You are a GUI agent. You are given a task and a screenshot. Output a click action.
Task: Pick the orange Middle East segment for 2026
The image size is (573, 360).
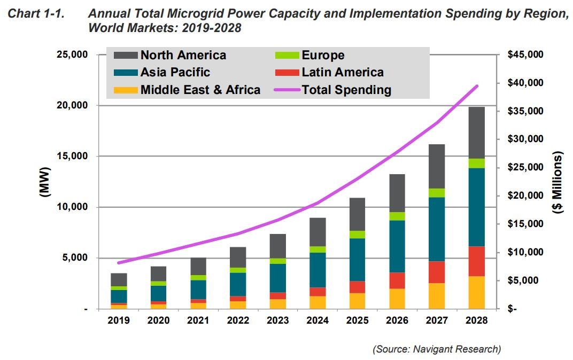click(x=397, y=299)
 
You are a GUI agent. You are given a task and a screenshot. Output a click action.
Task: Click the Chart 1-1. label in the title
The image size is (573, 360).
click(x=35, y=15)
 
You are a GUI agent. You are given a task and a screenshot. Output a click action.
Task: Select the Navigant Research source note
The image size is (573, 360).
click(x=437, y=349)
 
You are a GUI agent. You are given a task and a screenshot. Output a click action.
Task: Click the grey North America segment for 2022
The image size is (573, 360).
click(x=238, y=257)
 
